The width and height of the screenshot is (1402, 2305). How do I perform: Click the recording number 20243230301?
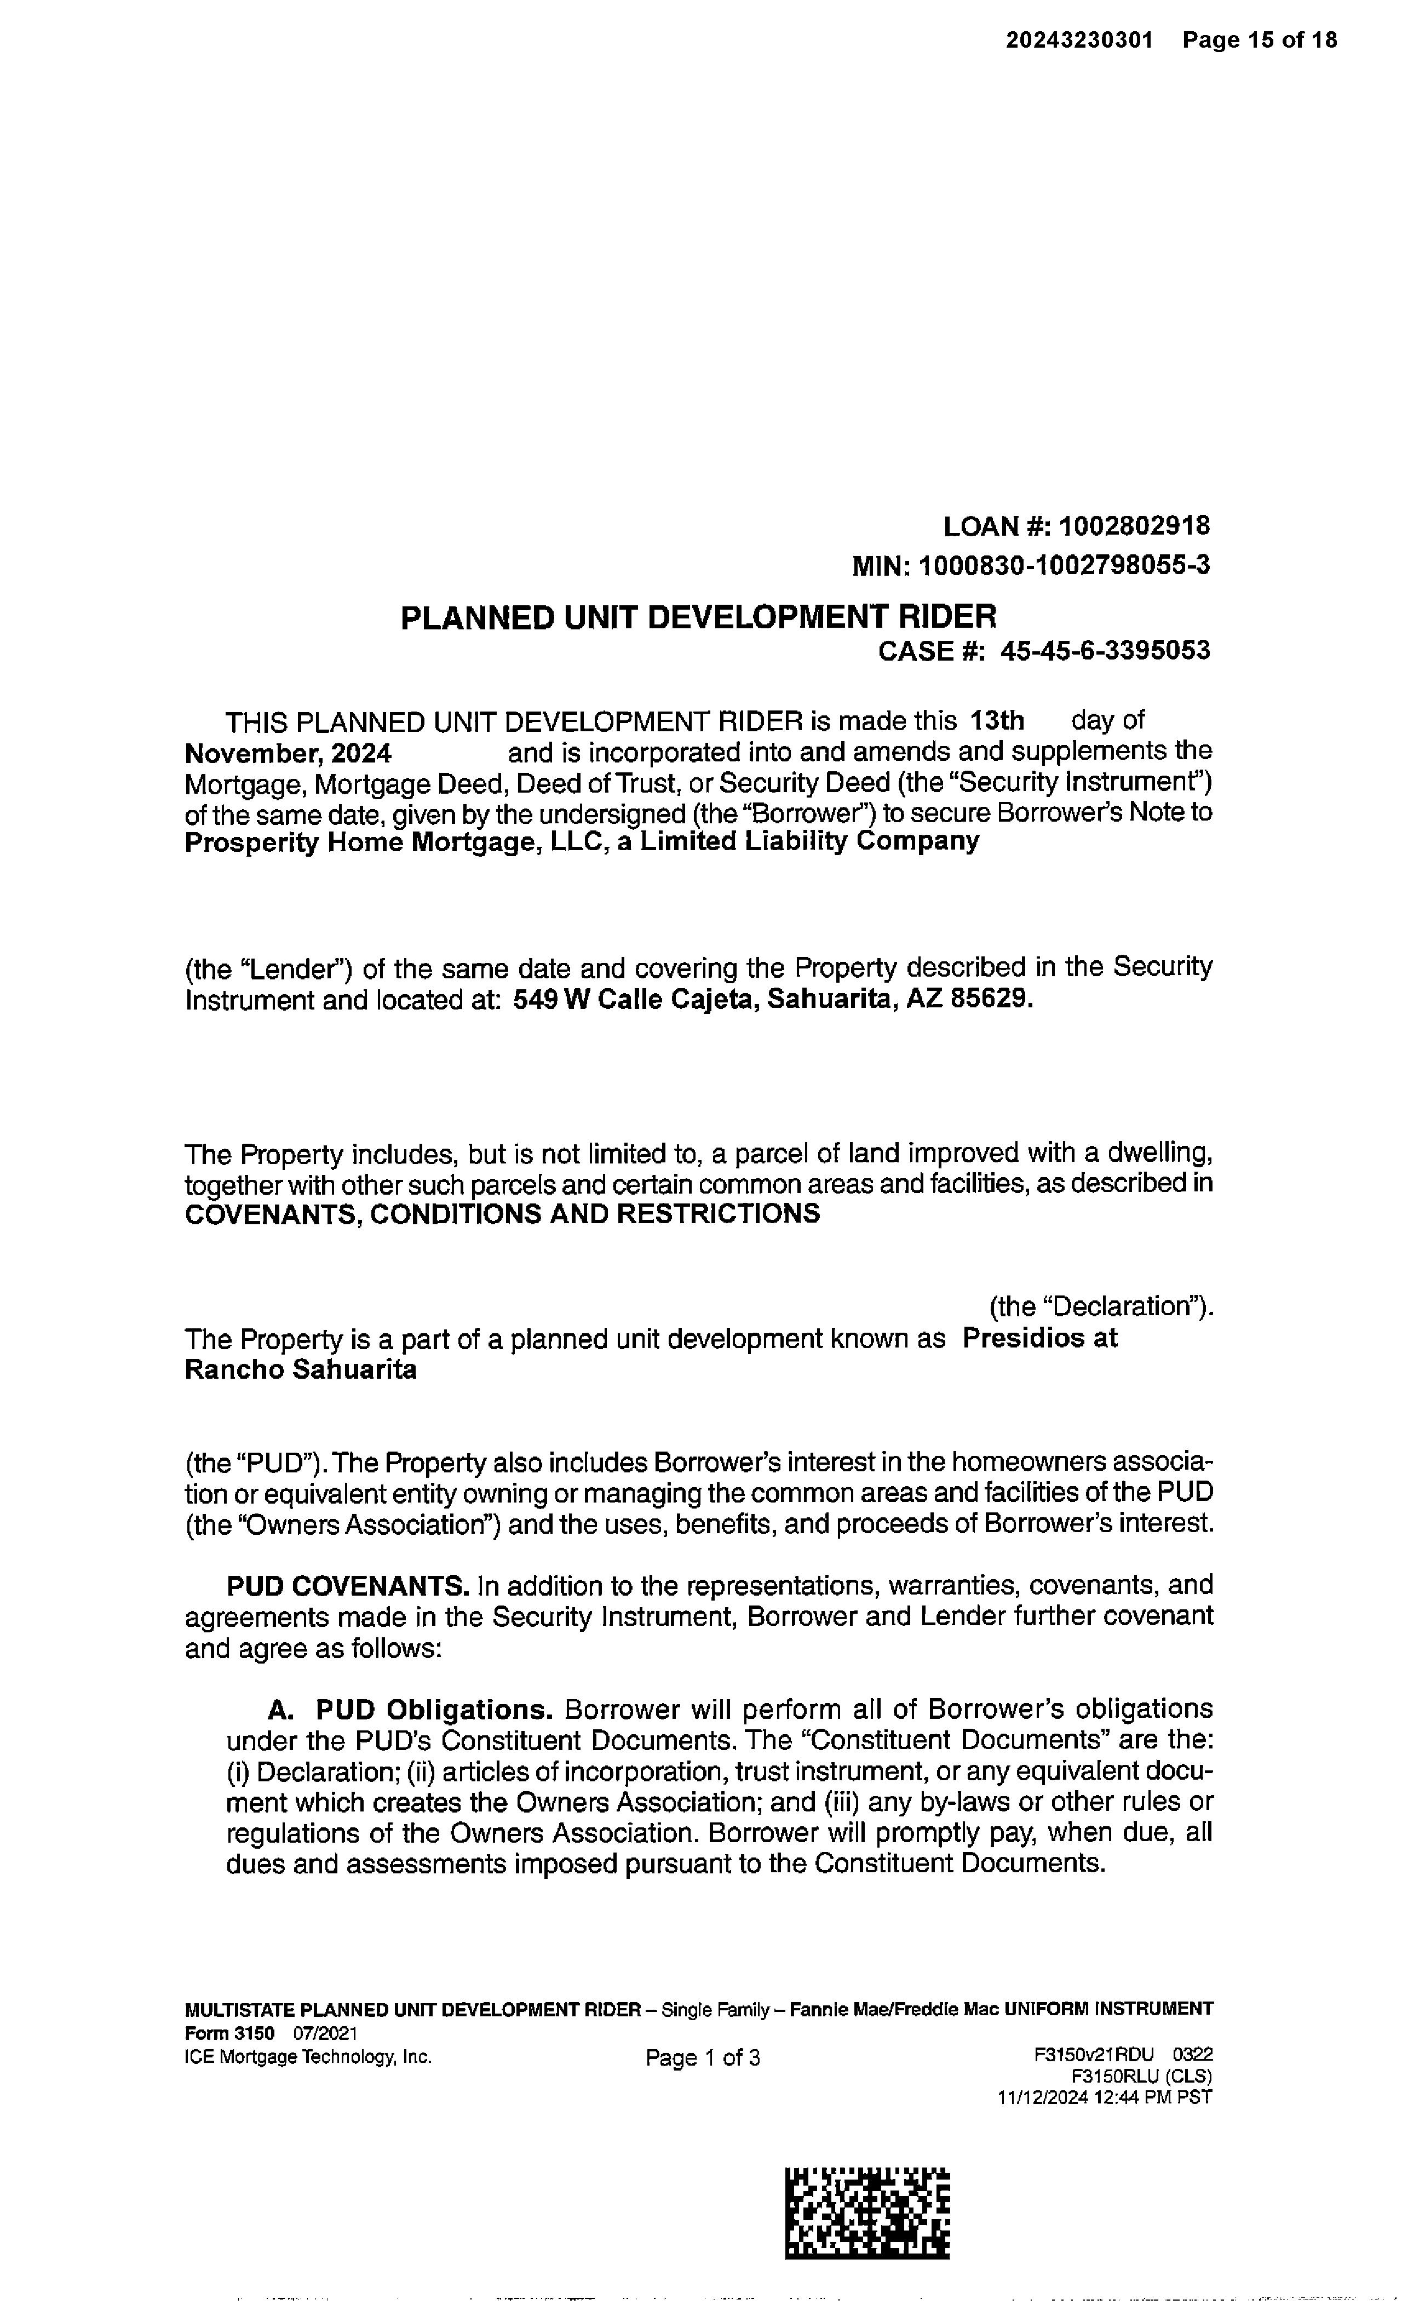click(1079, 40)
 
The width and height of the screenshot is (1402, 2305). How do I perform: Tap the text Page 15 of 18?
click(1259, 40)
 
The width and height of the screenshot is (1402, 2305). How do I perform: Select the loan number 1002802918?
click(1134, 526)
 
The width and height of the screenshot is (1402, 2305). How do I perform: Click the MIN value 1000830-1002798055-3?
click(1064, 566)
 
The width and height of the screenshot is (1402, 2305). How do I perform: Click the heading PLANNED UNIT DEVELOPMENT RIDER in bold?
click(698, 617)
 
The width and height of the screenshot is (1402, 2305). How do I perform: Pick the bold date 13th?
click(997, 721)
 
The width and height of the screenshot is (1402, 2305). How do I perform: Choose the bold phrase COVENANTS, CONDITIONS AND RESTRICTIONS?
click(502, 1214)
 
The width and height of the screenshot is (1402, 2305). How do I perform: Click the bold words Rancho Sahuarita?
click(300, 1371)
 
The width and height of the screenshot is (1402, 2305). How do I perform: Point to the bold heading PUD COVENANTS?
click(348, 1586)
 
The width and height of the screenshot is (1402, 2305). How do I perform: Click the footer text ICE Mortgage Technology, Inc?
click(309, 2057)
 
